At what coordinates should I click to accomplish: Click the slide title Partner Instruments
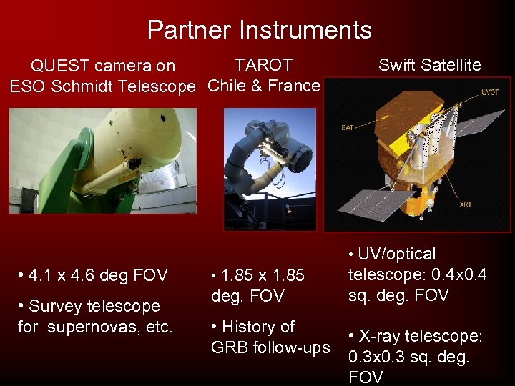coord(259,30)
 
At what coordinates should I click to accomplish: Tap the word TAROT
coord(264,65)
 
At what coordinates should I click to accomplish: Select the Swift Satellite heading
coord(429,65)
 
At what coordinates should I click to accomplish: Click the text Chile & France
coord(264,86)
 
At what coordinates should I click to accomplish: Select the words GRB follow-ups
coord(270,347)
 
